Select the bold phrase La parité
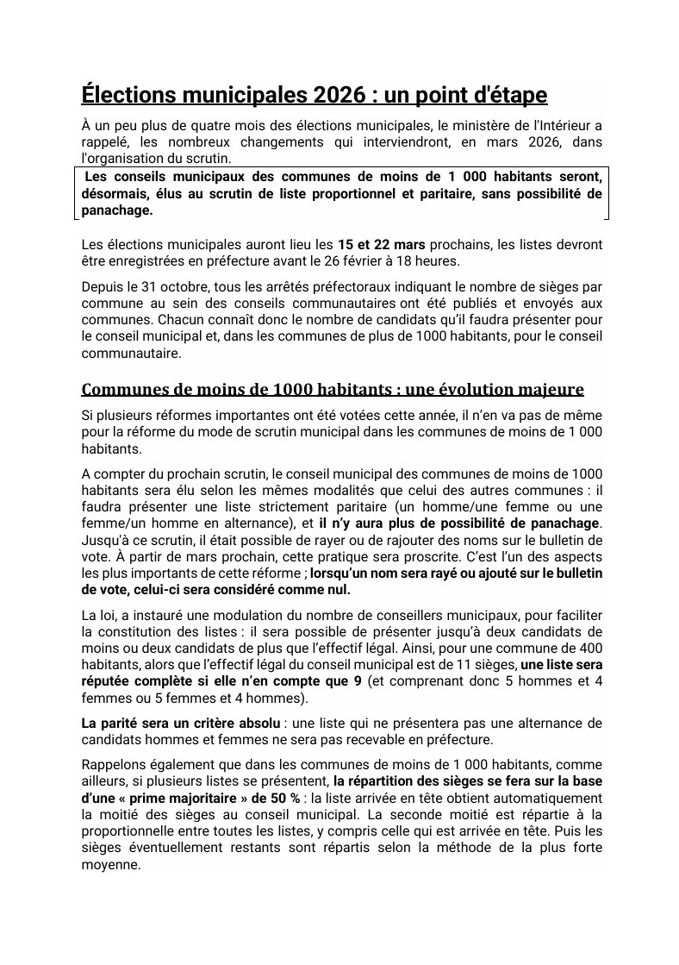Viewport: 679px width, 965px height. tap(111, 722)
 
